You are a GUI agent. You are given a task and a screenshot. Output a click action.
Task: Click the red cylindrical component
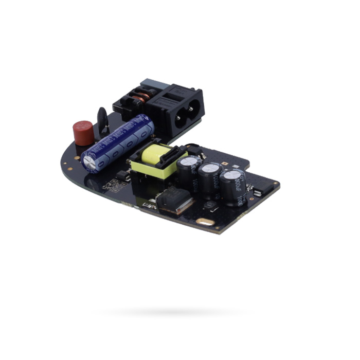[83, 133]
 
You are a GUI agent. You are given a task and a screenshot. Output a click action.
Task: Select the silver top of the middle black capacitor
[211, 168]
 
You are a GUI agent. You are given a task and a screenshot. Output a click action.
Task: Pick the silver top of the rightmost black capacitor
[232, 175]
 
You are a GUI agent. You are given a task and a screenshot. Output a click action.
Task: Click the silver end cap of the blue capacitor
[90, 163]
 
